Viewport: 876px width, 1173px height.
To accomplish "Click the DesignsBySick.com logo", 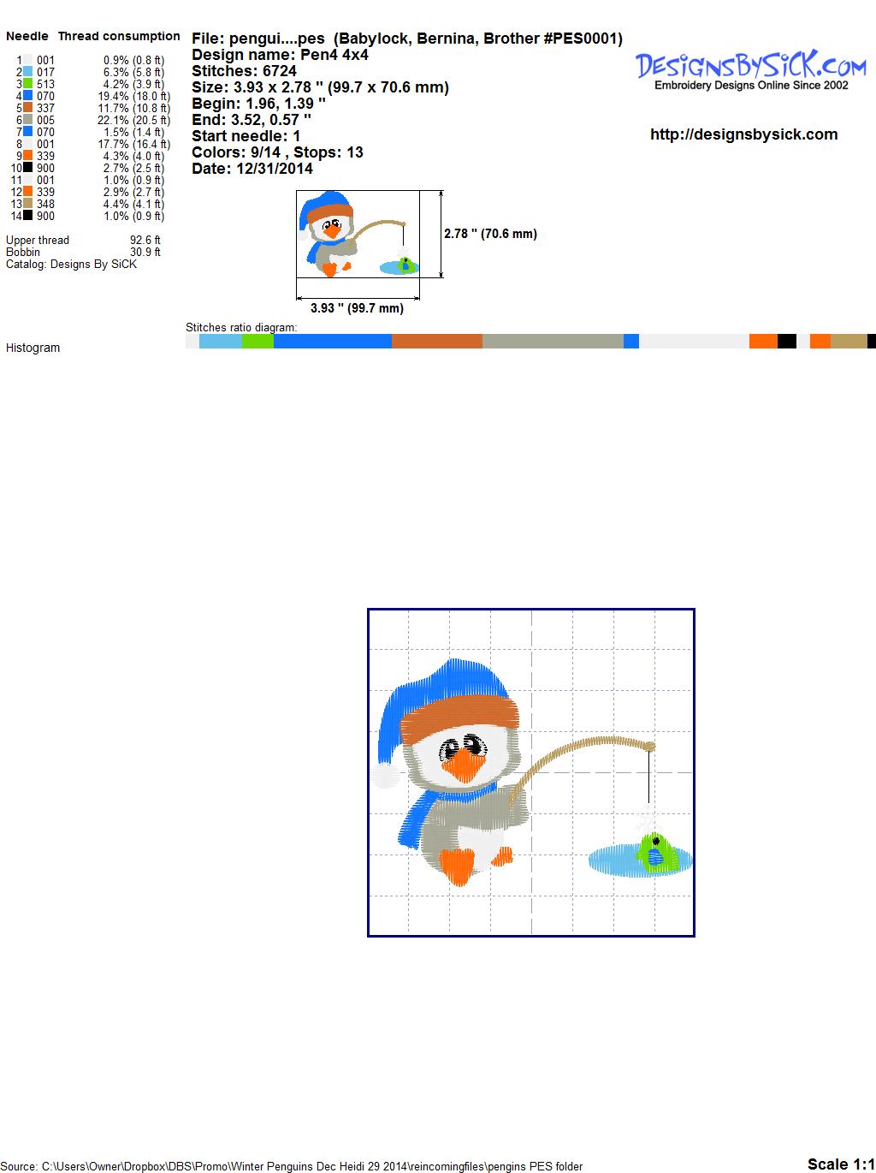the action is click(750, 70).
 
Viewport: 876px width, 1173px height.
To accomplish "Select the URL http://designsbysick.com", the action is click(743, 134).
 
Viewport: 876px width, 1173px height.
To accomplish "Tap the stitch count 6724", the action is click(279, 71).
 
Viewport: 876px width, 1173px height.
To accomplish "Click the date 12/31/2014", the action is click(275, 169).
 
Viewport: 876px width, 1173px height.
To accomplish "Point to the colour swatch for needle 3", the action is click(27, 83).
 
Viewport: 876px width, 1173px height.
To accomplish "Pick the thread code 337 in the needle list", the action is click(45, 108).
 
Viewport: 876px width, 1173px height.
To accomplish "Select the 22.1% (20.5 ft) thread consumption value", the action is click(133, 120).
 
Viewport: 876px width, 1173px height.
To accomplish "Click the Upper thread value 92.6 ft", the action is click(145, 240).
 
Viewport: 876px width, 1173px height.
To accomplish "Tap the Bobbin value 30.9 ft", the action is click(145, 253).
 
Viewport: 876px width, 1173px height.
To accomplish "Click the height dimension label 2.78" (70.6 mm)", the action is click(490, 234).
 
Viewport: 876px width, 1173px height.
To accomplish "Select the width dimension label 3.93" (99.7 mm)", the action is click(357, 308).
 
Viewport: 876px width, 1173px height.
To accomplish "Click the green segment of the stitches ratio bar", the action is click(257, 341).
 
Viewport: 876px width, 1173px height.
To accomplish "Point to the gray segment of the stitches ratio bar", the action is click(553, 341).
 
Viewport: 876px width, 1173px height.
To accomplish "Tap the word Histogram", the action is click(33, 348).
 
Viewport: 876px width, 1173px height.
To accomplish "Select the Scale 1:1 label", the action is click(841, 1164).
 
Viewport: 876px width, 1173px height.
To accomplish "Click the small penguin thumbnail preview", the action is click(358, 234).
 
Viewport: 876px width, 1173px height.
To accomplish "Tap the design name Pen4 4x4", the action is click(334, 55).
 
